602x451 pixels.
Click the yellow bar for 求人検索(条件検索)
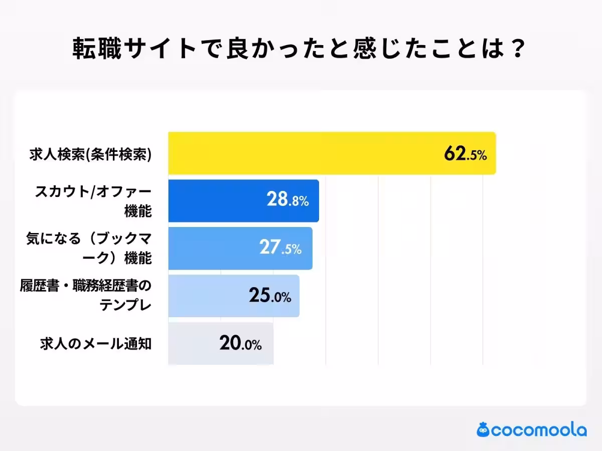(x=301, y=153)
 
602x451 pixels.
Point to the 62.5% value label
(x=465, y=154)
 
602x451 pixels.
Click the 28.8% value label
(x=287, y=201)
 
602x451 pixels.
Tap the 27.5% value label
(x=280, y=249)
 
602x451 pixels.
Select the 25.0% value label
(x=270, y=296)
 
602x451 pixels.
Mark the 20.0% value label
(x=240, y=344)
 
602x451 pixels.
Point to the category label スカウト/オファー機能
(x=93, y=201)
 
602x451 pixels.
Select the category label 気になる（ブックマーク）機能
(x=89, y=249)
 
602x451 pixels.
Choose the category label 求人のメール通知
(x=96, y=344)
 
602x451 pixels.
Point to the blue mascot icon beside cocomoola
(x=484, y=429)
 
